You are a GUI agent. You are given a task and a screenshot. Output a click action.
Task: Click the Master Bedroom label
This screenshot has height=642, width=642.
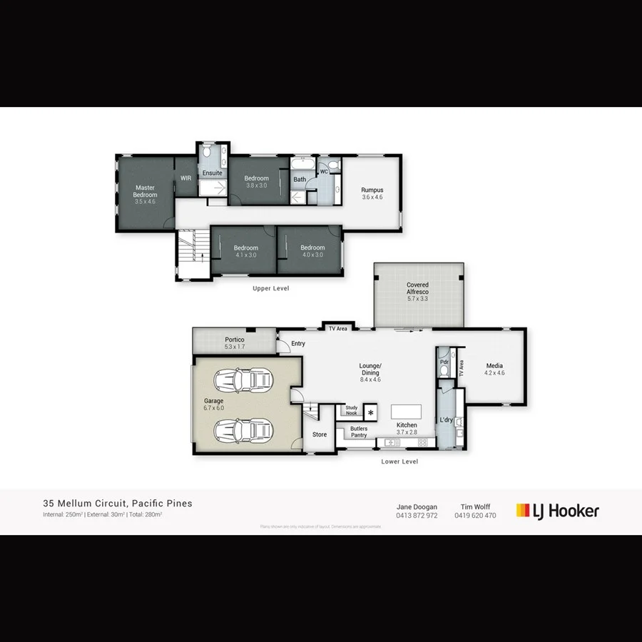145,191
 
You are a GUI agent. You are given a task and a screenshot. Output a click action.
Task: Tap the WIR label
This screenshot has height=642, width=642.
185,178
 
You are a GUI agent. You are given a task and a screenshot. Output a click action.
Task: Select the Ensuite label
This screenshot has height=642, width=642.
212,173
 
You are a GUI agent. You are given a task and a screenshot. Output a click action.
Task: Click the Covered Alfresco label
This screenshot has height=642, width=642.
417,288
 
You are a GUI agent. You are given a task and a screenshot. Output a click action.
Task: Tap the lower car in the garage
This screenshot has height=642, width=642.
244,430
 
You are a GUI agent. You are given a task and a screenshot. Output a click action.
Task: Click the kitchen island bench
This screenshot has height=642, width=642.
406,411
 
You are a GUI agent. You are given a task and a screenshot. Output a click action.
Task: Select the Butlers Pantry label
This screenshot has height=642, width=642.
359,432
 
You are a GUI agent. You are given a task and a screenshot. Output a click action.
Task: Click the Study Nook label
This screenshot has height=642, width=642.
351,410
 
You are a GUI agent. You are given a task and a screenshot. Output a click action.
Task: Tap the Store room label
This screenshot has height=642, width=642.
320,434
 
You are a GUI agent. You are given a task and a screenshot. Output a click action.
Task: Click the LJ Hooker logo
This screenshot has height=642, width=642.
558,511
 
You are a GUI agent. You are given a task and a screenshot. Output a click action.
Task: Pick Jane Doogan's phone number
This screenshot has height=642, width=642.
417,516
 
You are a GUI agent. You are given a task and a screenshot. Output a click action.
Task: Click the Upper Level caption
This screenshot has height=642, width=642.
270,289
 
